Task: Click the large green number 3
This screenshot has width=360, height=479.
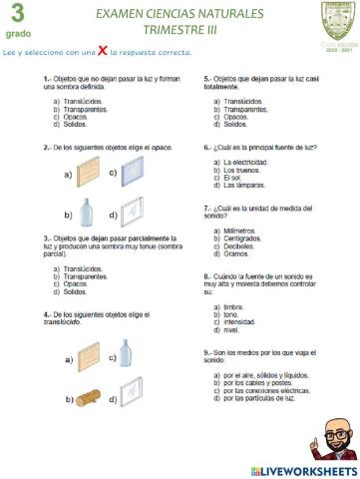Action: (17, 14)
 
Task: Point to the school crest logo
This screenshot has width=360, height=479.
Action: (334, 17)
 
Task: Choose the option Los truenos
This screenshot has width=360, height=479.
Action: (244, 170)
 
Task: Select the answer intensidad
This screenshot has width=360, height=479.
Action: (244, 322)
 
